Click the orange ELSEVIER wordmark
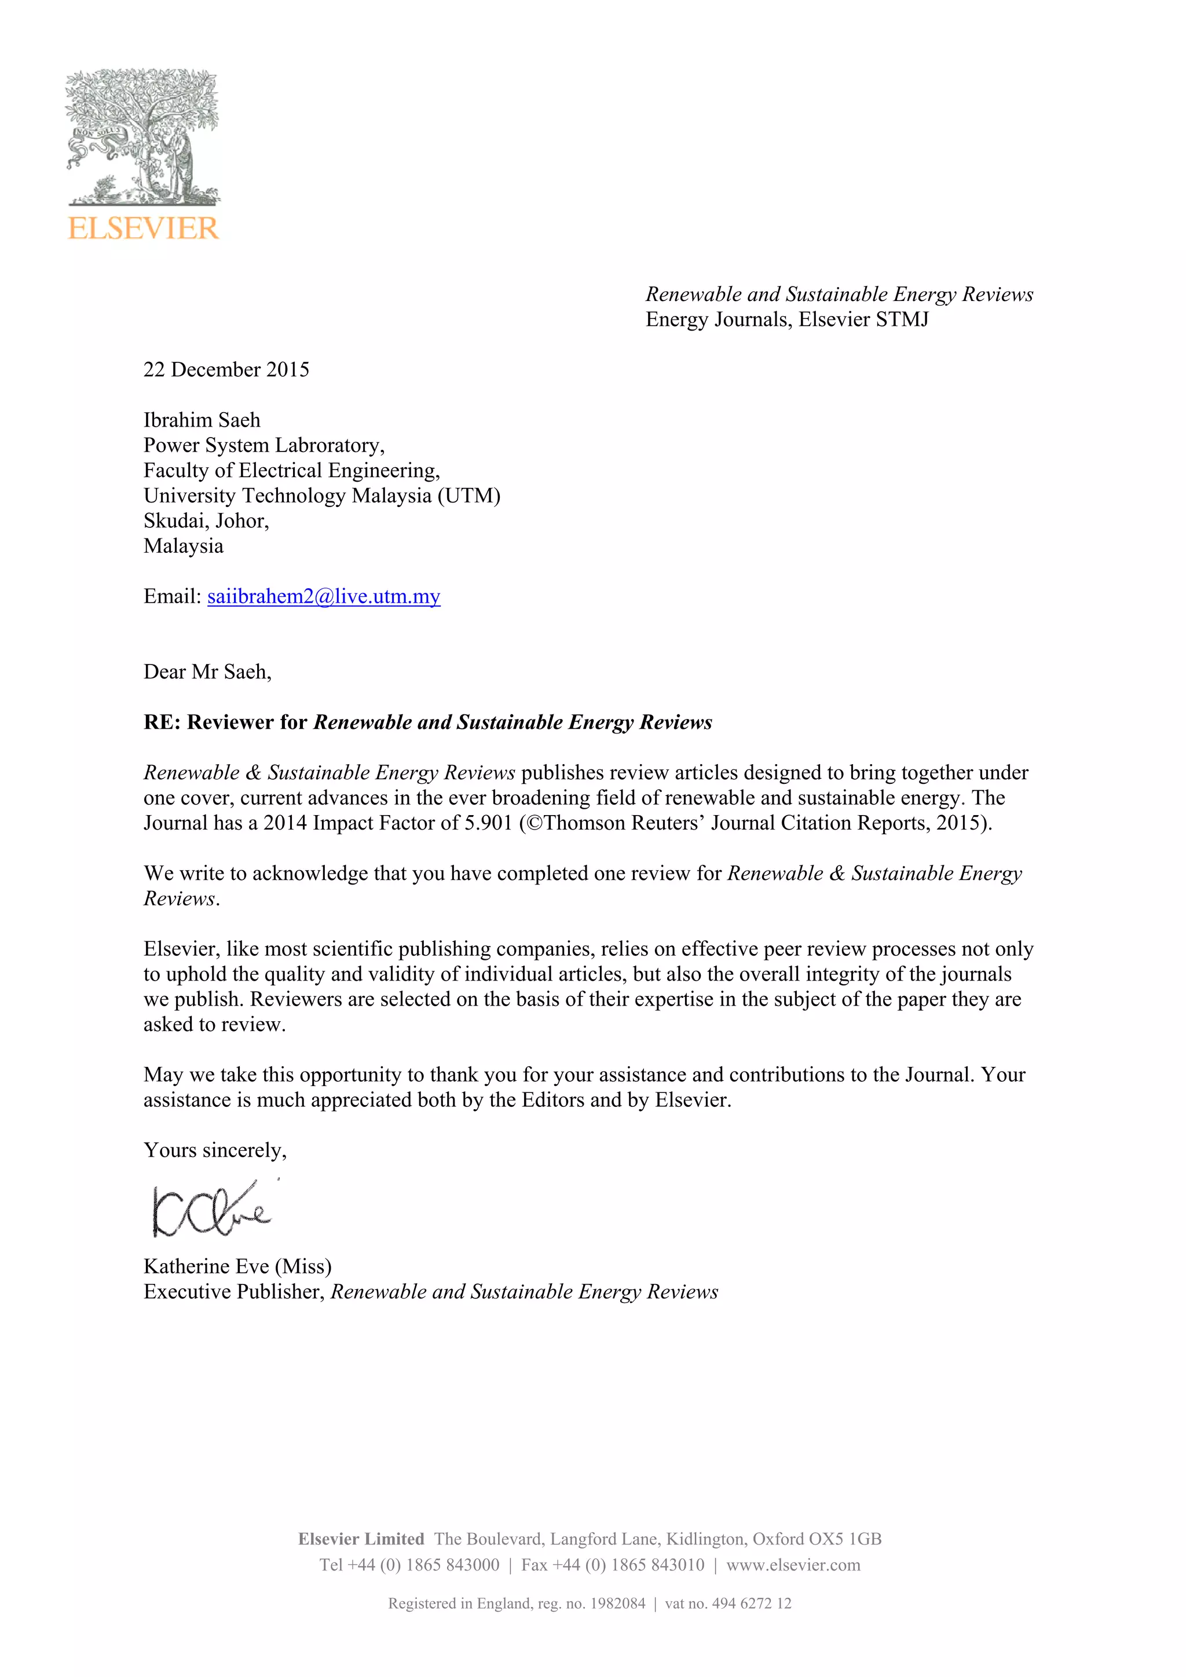pos(143,229)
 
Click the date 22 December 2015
pos(226,369)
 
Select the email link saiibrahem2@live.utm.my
pos(323,597)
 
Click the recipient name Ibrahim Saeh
pos(202,420)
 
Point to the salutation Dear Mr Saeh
pos(207,672)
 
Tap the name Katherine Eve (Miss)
pos(237,1266)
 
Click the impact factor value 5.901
pos(488,823)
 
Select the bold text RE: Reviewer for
pos(225,722)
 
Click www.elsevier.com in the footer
pos(793,1565)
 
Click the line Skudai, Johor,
pos(206,521)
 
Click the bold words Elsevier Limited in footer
pos(361,1539)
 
